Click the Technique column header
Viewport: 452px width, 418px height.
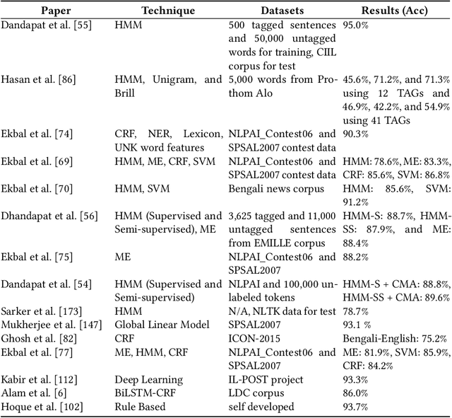point(168,11)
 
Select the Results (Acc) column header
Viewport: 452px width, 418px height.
point(395,11)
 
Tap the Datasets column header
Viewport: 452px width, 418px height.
point(282,11)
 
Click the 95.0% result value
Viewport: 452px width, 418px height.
point(357,25)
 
